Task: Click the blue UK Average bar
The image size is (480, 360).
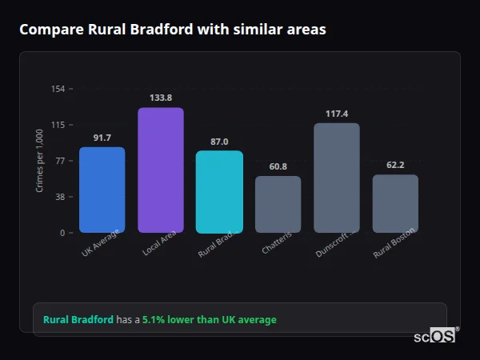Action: pos(102,190)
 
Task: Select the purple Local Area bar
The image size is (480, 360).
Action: pos(161,170)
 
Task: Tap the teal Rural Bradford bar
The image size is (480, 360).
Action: pos(219,191)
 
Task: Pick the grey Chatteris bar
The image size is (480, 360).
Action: pos(278,204)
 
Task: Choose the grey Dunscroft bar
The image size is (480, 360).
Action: pos(337,178)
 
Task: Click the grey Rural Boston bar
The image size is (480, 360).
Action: pos(395,203)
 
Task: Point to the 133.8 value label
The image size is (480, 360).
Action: pos(161,98)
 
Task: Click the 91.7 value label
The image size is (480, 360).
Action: pos(102,138)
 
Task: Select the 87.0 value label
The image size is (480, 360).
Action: pos(219,142)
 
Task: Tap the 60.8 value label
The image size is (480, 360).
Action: pos(278,166)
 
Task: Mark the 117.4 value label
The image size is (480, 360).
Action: pos(337,114)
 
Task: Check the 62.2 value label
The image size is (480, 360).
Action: pos(395,165)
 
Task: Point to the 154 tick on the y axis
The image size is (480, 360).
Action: pos(58,89)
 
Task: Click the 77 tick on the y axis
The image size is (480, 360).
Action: pos(60,161)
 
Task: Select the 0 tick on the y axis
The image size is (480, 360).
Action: pos(62,233)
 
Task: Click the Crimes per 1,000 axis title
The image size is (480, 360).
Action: pos(40,161)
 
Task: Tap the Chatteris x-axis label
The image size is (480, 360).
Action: pos(277,243)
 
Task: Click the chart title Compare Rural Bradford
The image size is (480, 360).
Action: pos(173,30)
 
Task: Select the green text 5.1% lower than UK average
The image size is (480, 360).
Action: pos(210,320)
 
